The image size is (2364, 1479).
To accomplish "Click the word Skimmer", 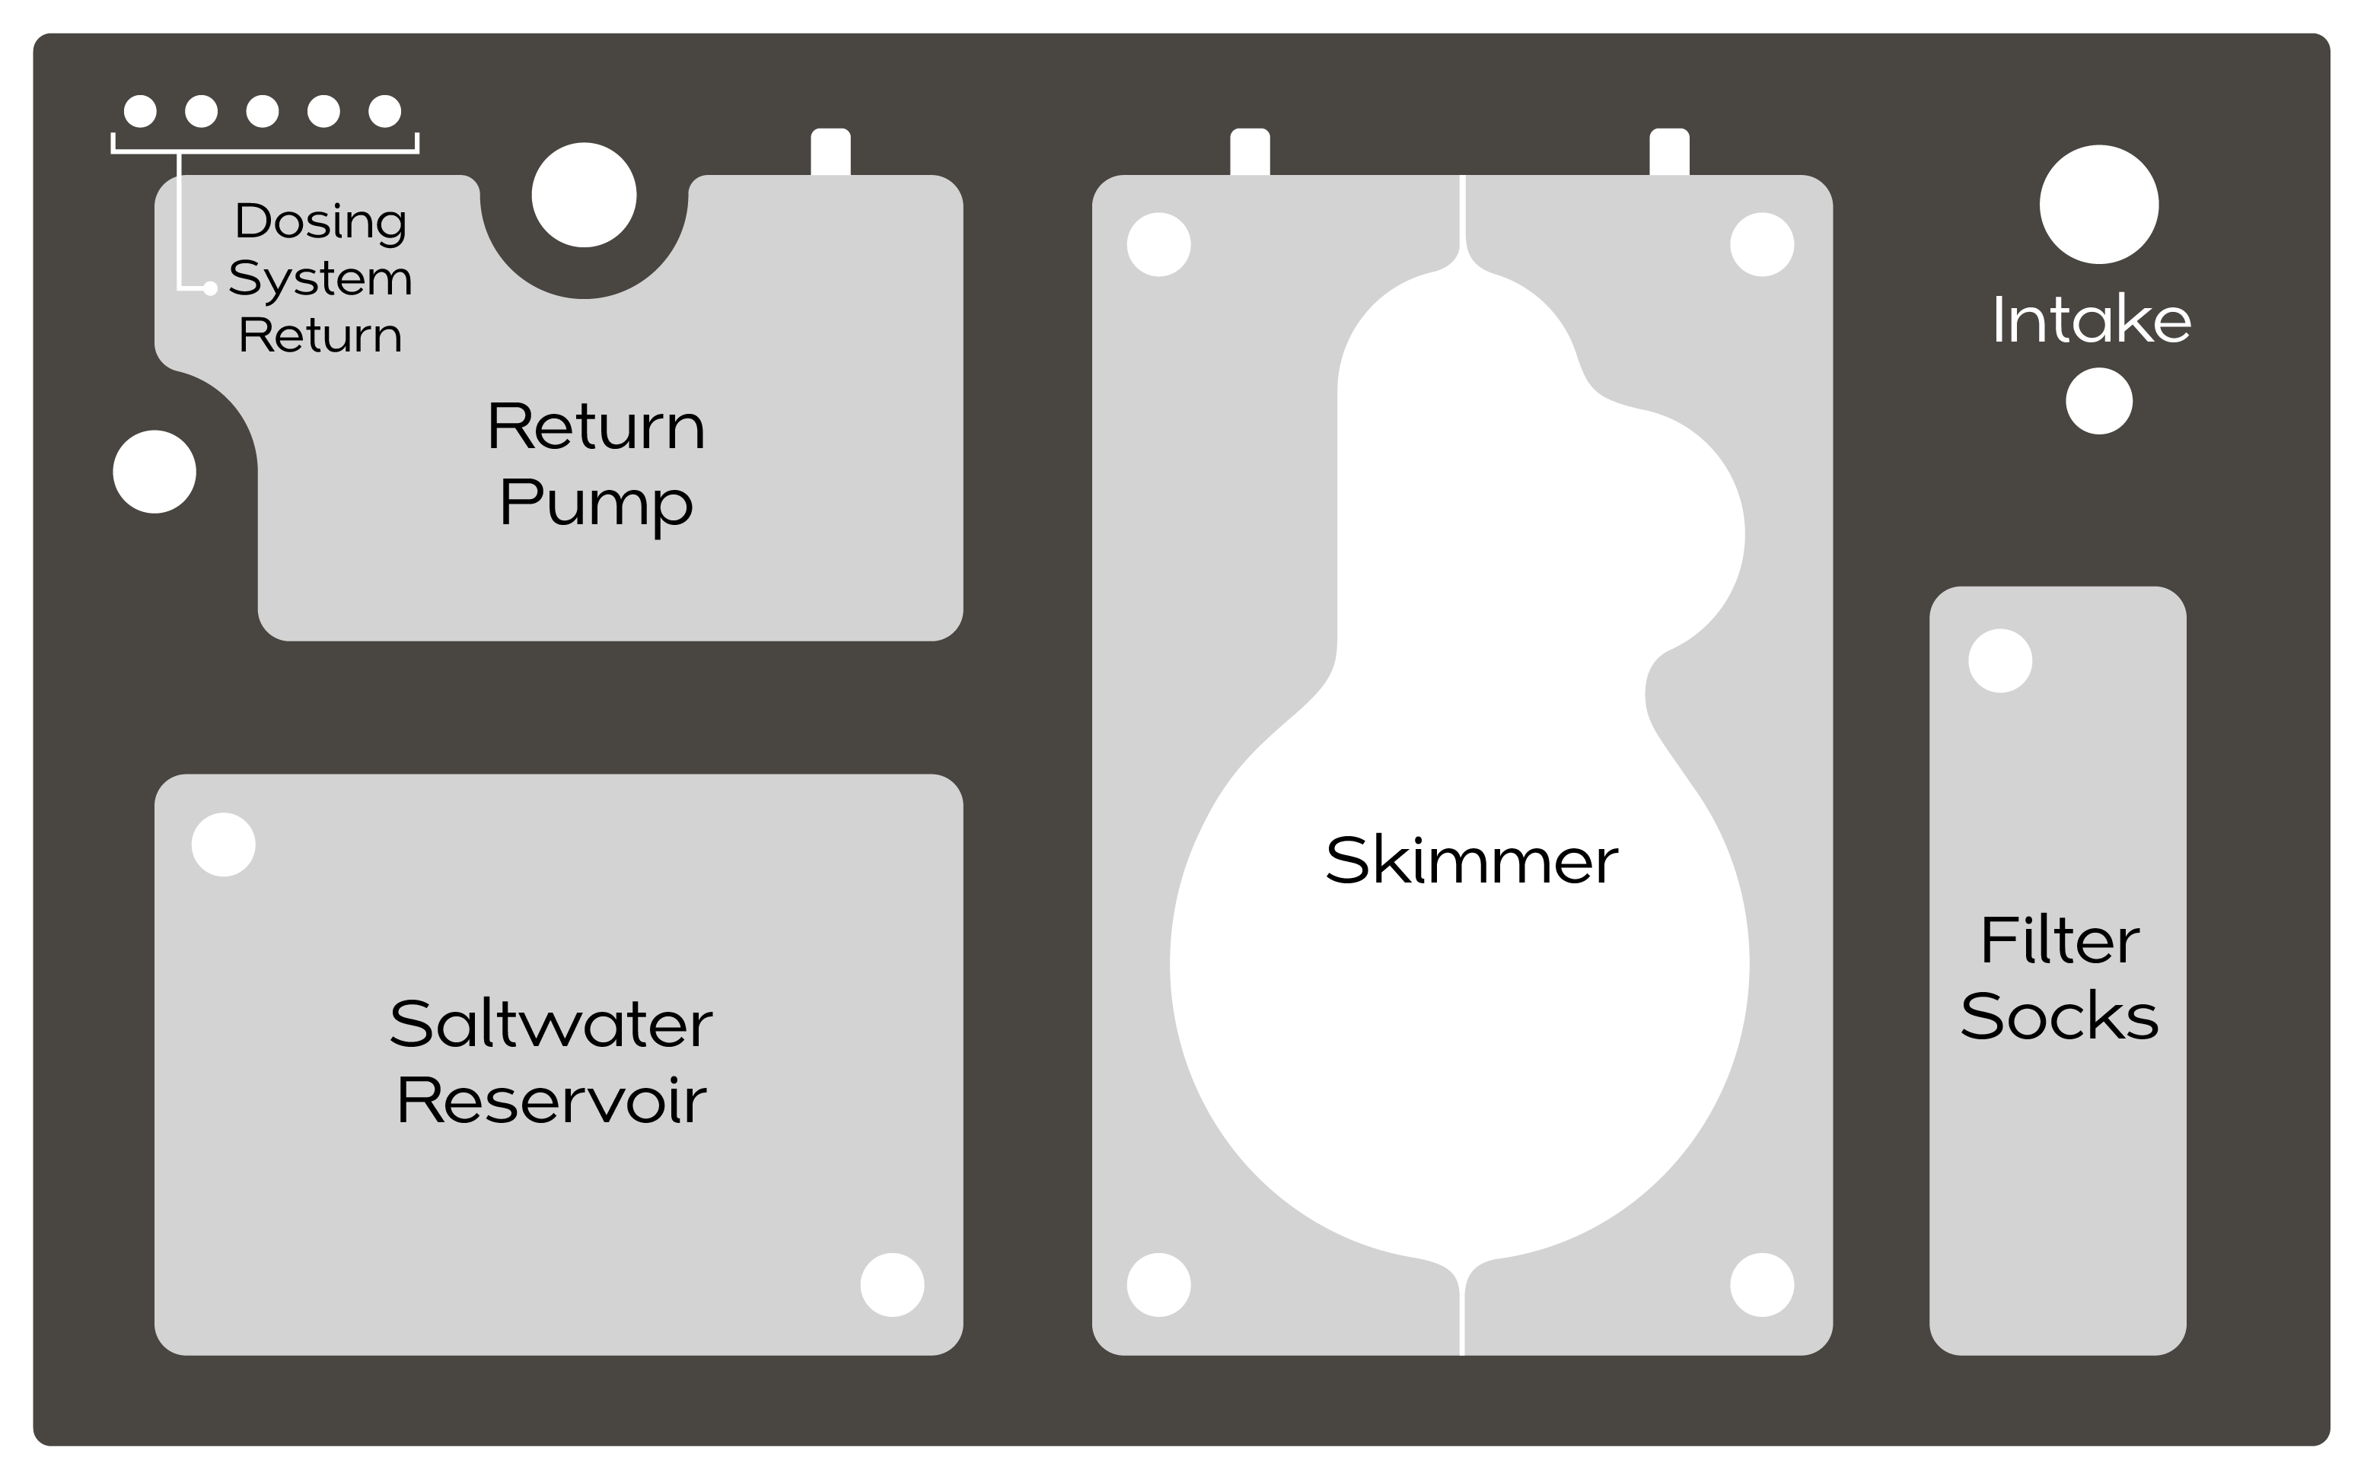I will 1470,860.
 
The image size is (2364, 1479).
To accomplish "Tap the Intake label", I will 2091,320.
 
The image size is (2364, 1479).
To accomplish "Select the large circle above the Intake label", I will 2099,205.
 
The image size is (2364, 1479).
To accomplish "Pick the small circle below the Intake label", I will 2099,401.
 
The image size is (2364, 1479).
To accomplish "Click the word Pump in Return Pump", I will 596,504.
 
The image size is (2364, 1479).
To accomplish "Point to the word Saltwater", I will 551,1024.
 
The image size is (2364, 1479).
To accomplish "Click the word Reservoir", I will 551,1100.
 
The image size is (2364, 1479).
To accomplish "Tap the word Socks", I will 2059,1017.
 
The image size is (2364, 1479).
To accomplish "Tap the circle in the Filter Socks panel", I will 2000,661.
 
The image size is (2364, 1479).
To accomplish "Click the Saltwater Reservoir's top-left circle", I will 223,845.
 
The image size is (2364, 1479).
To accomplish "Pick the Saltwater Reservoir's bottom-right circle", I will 892,1285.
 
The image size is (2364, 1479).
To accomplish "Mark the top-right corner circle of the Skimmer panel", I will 1761,244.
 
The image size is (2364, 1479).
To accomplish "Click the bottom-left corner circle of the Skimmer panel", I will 1158,1285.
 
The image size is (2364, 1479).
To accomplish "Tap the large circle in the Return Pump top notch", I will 585,195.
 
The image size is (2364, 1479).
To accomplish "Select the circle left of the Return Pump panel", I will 155,472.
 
